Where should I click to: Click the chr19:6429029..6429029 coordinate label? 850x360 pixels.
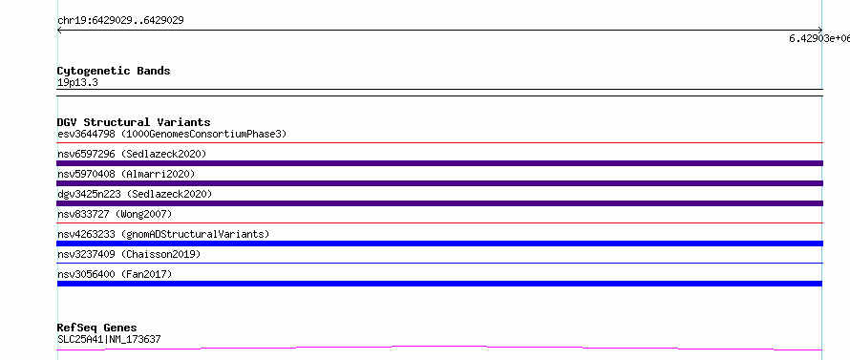click(x=120, y=21)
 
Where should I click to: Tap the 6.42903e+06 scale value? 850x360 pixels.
click(x=819, y=38)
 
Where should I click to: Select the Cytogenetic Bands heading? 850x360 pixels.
click(x=114, y=71)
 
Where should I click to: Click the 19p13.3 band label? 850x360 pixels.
click(x=77, y=83)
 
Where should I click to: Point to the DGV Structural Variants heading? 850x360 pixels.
click(x=134, y=122)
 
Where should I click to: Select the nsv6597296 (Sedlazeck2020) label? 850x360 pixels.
click(x=132, y=154)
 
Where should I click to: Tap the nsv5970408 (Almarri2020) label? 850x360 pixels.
click(x=126, y=174)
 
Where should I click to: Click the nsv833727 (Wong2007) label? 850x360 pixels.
click(x=115, y=214)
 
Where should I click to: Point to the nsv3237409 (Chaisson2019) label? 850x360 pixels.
click(x=129, y=254)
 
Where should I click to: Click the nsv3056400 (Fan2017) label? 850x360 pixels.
click(x=115, y=274)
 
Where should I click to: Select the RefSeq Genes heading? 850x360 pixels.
click(x=97, y=328)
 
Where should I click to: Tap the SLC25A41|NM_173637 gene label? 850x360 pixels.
click(x=109, y=340)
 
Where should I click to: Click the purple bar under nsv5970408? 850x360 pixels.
click(x=439, y=183)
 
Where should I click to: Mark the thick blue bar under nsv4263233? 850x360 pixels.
click(x=439, y=244)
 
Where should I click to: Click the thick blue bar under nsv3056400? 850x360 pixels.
click(x=439, y=284)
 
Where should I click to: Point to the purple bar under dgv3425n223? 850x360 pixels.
click(x=439, y=203)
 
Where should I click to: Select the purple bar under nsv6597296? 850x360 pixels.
click(x=439, y=163)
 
